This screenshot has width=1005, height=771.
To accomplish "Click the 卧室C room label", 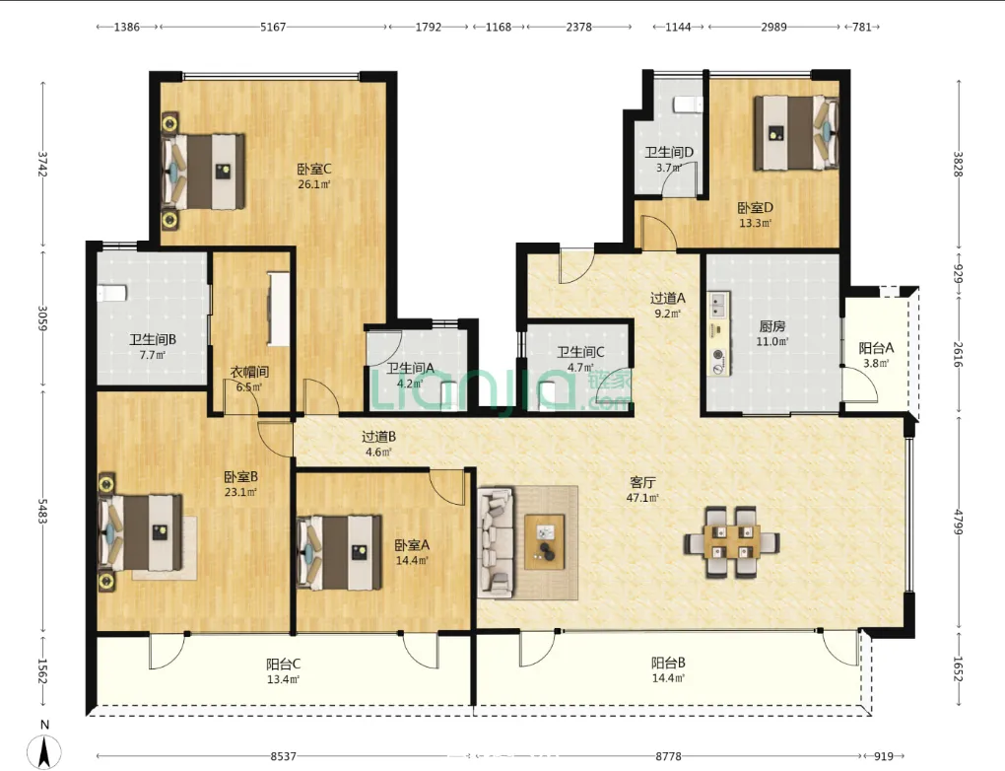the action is pos(314,170).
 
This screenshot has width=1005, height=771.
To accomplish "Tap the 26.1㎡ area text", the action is pos(314,184).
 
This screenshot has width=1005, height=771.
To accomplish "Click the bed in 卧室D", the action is pos(795,133).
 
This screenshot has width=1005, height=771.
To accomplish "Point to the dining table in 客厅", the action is pos(731,542).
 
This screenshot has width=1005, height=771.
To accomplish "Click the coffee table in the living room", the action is pos(545,542).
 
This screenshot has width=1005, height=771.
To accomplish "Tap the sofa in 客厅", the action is pos(496,542).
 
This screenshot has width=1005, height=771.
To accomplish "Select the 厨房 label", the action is pos(771,326).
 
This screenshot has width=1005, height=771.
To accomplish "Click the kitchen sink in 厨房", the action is pos(718,305).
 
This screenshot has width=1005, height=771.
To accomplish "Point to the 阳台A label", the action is pos(876,348).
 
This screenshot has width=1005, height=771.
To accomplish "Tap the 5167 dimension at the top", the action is pos(273,27).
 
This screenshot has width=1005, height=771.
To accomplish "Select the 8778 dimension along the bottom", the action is pos(668,756).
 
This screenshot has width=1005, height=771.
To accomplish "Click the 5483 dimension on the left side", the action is pos(43,511).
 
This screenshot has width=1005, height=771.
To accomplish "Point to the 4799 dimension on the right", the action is pos(959,523).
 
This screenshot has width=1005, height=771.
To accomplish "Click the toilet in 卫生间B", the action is pos(111,293).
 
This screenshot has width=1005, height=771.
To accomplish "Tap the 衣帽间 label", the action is pos(249,372).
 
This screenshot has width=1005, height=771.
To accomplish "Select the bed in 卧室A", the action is pos(340,552).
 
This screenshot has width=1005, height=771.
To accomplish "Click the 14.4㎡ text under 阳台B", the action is pos(668,678).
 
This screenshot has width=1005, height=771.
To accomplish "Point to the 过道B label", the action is pos(378,437).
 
